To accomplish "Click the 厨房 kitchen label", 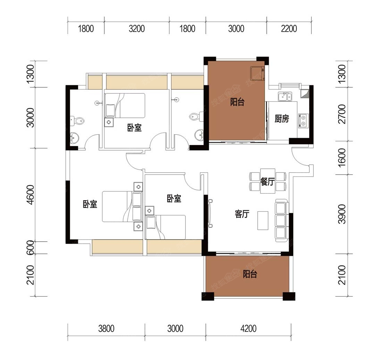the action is tap(282, 119).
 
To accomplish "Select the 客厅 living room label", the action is tap(242, 214).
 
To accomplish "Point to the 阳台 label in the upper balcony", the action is tap(237, 102).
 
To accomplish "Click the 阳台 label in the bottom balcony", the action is tap(250, 274).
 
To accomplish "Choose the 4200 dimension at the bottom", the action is tap(249, 329).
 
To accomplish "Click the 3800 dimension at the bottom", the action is tap(106, 329).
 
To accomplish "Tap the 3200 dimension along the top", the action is tap(136, 29).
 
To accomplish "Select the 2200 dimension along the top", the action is tap(289, 29).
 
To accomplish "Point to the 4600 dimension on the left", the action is tap(31, 195).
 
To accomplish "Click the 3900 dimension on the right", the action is tap(342, 214).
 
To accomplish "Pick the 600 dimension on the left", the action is tap(31, 248).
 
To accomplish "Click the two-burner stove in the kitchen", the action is tap(303, 120).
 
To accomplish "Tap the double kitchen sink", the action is tap(285, 96).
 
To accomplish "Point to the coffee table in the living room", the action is tap(263, 220).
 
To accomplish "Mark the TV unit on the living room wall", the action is tap(210, 214).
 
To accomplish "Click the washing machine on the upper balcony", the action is tap(257, 73).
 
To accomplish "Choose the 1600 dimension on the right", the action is tap(342, 156).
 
